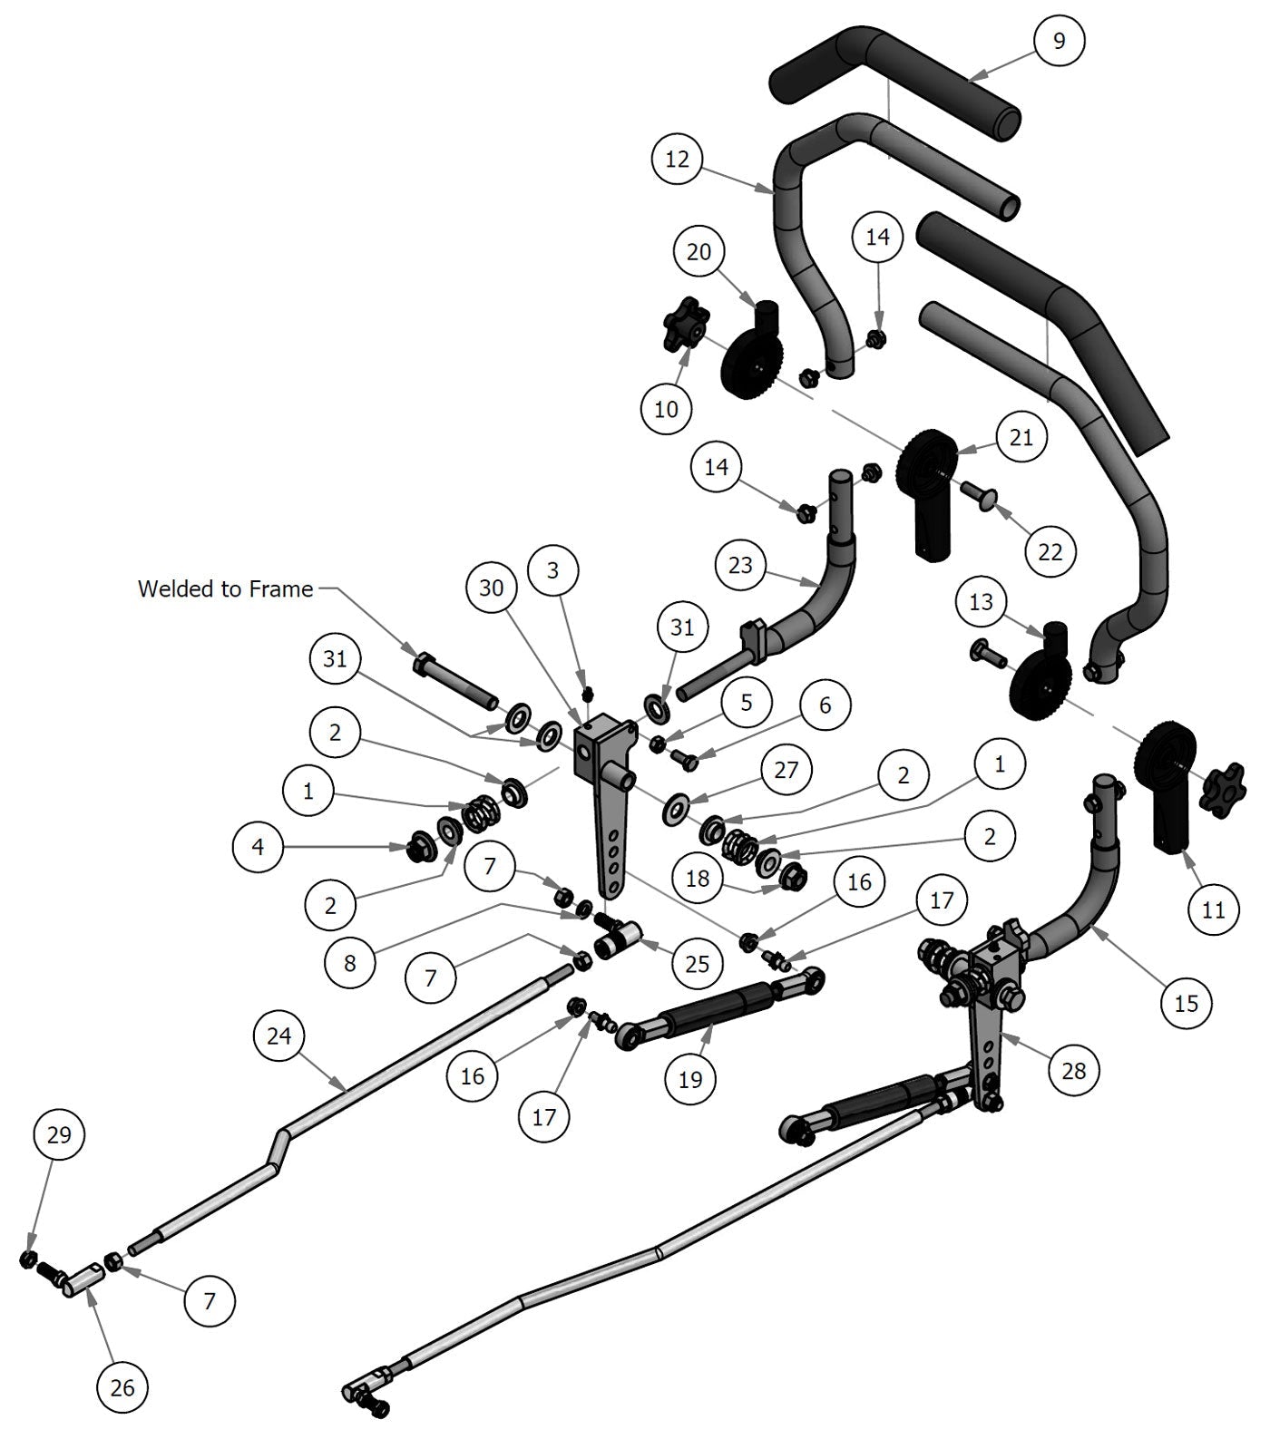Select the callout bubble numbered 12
point(678,160)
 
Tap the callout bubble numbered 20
point(698,251)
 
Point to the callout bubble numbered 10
point(666,409)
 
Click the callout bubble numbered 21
point(1021,437)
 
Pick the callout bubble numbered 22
point(1050,551)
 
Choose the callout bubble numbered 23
point(740,565)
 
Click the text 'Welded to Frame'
point(225,588)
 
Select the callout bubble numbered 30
point(491,588)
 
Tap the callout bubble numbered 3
point(552,570)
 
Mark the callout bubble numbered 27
point(786,770)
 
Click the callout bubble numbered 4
point(259,847)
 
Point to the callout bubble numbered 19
point(690,1079)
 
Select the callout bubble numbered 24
point(279,1035)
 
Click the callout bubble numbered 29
point(59,1135)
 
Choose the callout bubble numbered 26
point(122,1387)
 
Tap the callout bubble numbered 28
point(1073,1071)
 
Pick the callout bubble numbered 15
point(1187,1003)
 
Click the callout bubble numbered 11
point(1213,909)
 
